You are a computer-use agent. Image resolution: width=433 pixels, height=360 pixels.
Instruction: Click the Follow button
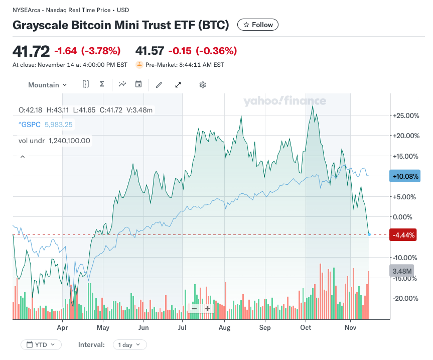[258, 25]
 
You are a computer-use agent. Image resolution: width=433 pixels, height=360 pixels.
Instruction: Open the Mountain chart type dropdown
[47, 85]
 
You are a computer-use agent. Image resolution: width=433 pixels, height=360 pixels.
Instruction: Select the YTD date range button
[41, 345]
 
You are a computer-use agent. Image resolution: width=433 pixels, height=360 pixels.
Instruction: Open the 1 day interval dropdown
[130, 345]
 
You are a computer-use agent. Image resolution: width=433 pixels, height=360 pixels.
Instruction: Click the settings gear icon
[203, 85]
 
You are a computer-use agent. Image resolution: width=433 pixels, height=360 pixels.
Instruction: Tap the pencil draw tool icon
[159, 85]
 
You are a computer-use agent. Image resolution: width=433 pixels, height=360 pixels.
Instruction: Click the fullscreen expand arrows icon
[178, 85]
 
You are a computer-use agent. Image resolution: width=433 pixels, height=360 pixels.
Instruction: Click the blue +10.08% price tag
[404, 176]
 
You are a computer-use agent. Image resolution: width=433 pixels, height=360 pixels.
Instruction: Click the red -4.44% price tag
[403, 235]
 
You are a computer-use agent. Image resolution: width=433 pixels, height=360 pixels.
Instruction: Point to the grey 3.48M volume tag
[402, 271]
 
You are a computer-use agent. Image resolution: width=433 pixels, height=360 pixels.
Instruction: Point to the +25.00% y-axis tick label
[406, 115]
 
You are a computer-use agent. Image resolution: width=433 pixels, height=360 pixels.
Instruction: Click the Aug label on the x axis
[224, 328]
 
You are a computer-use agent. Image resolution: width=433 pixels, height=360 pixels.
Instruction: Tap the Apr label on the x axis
[62, 328]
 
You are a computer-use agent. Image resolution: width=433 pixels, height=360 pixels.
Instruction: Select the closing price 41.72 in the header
[31, 51]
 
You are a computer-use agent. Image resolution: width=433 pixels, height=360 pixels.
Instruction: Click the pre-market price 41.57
[150, 51]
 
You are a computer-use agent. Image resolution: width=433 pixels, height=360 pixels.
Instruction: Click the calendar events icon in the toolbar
[138, 84]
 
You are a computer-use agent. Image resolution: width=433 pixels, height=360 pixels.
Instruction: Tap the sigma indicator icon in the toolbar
[102, 84]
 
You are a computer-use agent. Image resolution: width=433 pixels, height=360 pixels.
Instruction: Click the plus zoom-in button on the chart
[207, 309]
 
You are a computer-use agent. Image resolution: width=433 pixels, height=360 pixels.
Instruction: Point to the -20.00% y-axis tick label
[406, 298]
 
